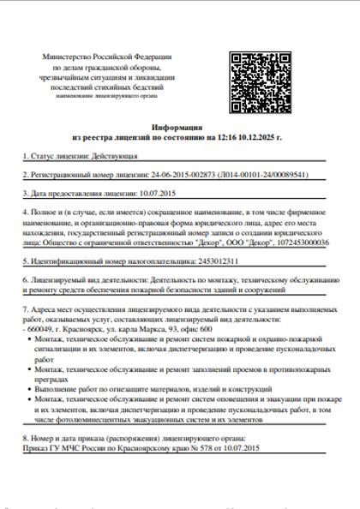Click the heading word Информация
click(179, 125)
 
